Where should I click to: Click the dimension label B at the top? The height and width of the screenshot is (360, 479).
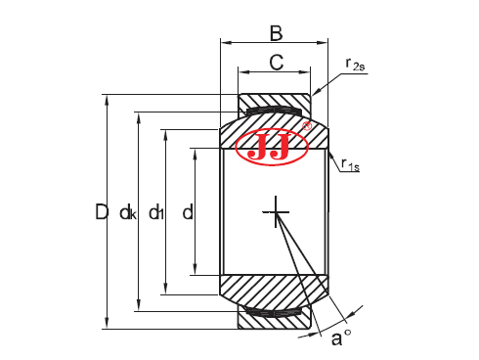276,33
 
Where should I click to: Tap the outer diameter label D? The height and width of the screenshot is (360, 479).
102,211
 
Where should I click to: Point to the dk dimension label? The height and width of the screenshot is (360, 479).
127,212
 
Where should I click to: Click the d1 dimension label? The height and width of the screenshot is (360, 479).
155,212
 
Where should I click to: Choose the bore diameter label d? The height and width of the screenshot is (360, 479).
187,211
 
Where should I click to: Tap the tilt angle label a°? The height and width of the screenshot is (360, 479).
340,338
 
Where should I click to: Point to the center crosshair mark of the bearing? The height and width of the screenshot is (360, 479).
277,211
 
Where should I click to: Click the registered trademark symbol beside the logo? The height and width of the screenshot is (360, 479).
307,126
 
